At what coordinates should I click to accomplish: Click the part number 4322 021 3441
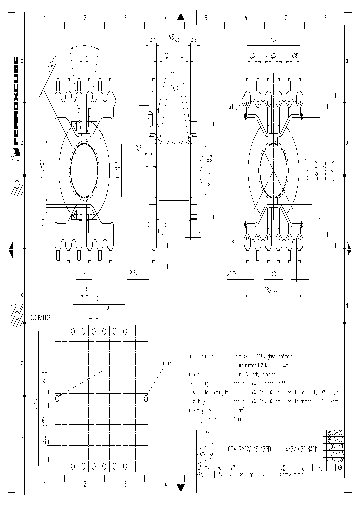[x=303, y=448]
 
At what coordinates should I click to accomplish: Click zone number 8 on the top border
[x=325, y=18]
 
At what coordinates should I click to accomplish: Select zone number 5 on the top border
[x=205, y=18]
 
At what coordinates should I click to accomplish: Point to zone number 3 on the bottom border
[x=125, y=484]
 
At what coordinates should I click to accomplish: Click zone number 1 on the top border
[x=45, y=18]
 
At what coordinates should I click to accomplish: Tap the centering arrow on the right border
[x=348, y=248]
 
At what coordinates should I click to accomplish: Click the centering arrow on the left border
[x=11, y=248]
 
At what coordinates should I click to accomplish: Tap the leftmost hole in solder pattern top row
[x=73, y=331]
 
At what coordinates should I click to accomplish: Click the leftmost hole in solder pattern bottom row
[x=73, y=465]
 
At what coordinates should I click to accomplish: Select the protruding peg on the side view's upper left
[x=143, y=104]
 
